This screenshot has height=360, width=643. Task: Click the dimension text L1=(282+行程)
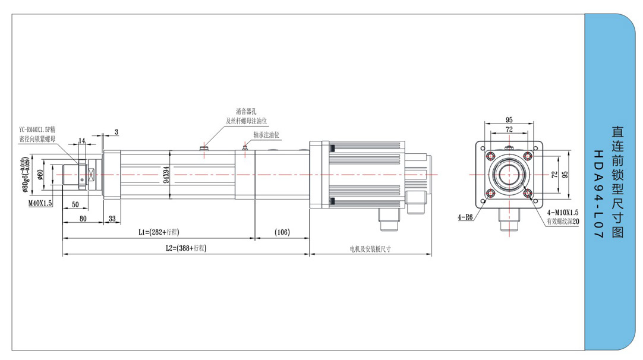[x=159, y=232]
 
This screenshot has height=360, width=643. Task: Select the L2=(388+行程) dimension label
[x=185, y=248]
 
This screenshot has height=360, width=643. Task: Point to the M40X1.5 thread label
[x=40, y=203]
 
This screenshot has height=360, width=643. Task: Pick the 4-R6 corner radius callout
[x=466, y=217]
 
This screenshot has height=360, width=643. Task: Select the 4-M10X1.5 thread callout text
[x=562, y=212]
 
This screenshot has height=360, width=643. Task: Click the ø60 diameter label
[x=40, y=174]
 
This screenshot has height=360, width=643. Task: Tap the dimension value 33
[x=112, y=219]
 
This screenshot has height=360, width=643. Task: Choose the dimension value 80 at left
[x=83, y=219]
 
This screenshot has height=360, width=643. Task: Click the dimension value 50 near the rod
[x=75, y=204]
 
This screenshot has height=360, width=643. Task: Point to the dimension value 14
[x=81, y=140]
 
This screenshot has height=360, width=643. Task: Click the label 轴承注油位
[x=266, y=135]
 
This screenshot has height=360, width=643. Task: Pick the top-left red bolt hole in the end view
[x=490, y=156]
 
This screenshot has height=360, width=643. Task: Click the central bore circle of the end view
[x=509, y=175]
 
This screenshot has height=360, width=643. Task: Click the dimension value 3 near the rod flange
[x=116, y=131]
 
